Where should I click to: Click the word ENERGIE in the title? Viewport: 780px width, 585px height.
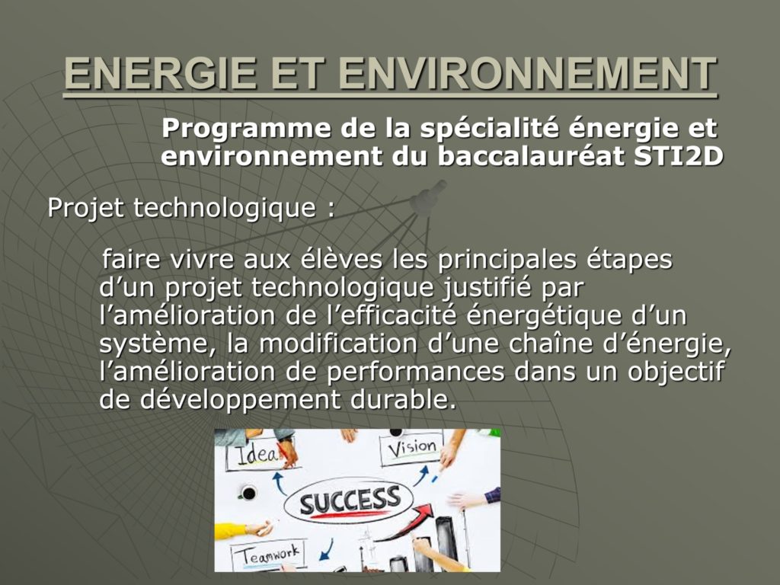[x=161, y=73]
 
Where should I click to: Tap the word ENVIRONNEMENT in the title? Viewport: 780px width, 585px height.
[x=529, y=73]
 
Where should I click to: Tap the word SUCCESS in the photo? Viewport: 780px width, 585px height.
[x=350, y=500]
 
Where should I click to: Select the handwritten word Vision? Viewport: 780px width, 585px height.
[x=412, y=448]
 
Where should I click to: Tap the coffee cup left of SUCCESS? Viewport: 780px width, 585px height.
[x=248, y=493]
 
